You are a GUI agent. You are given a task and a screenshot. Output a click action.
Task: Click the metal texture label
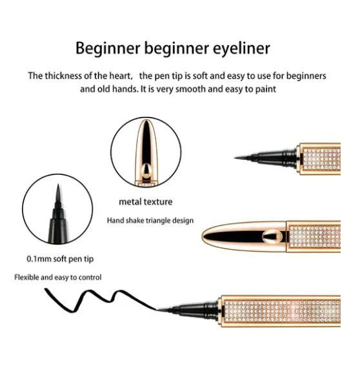pyautogui.click(x=146, y=201)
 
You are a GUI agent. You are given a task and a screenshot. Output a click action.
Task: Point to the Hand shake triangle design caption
pyautogui.click(x=150, y=221)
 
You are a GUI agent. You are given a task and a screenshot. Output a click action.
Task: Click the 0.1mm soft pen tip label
pyautogui.click(x=60, y=259)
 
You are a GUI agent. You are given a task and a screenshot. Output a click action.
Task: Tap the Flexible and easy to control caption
pyautogui.click(x=58, y=278)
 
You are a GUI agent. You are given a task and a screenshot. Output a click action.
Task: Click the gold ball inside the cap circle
pyautogui.click(x=146, y=170)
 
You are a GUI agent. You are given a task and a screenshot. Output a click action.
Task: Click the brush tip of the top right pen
pyautogui.click(x=243, y=158)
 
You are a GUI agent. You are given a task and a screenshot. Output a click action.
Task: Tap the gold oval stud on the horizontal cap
pyautogui.click(x=271, y=236)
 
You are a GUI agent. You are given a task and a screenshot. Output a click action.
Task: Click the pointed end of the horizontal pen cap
pyautogui.click(x=203, y=236)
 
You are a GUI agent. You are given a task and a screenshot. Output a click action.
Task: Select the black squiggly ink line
pyautogui.click(x=98, y=301)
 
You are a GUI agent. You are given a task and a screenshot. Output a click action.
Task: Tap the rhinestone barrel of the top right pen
pyautogui.click(x=321, y=159)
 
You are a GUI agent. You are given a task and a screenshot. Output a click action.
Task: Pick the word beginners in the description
pyautogui.click(x=306, y=76)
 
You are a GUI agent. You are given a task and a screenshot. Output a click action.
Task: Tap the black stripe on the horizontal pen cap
pyautogui.click(x=235, y=236)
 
